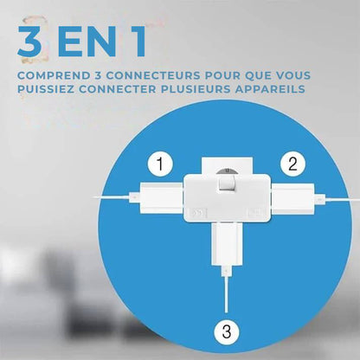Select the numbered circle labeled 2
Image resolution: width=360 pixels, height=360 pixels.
pyautogui.click(x=293, y=162)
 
